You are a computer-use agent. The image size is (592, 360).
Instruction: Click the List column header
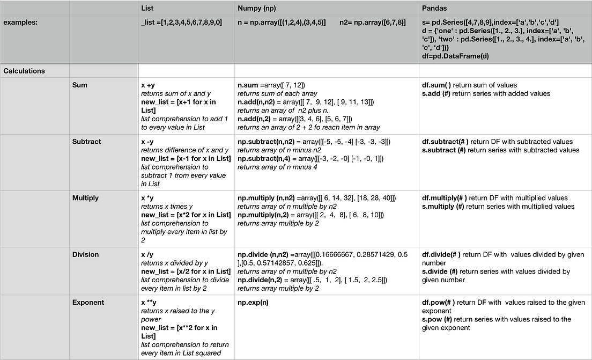[x=147, y=9]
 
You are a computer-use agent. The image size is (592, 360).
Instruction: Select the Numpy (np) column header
[x=257, y=9]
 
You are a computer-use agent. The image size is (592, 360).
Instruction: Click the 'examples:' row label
[x=21, y=23]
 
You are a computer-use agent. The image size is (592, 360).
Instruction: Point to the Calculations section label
[x=24, y=71]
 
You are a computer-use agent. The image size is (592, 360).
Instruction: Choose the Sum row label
[x=79, y=85]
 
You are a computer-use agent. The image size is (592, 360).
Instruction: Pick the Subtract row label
[x=87, y=142]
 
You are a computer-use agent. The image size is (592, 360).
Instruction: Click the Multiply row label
[x=85, y=198]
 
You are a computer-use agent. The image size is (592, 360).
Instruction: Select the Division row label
[x=86, y=255]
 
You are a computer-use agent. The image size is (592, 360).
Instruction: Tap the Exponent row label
[x=88, y=303]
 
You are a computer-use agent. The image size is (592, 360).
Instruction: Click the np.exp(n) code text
[x=253, y=303]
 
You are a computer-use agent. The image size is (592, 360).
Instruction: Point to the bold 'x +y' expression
[x=148, y=85]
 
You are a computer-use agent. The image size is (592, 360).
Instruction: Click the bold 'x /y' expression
[x=147, y=255]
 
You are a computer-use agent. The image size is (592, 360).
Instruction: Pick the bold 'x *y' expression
[x=147, y=198]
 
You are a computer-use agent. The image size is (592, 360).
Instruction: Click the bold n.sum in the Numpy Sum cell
[x=248, y=85]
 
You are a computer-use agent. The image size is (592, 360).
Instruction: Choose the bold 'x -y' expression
[x=147, y=142]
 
